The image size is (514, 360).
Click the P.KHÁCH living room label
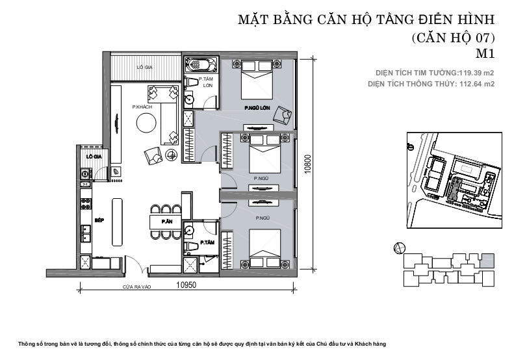pyautogui.click(x=142, y=107)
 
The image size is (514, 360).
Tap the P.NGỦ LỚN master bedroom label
pyautogui.click(x=257, y=108)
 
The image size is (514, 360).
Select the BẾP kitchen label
pyautogui.click(x=99, y=220)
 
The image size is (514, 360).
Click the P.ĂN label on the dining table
pyautogui.click(x=167, y=222)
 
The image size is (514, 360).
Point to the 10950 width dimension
pyautogui.click(x=186, y=285)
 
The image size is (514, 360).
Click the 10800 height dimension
pyautogui.click(x=307, y=164)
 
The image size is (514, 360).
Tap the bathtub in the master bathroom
pyautogui.click(x=201, y=64)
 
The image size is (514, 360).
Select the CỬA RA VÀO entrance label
pyautogui.click(x=136, y=287)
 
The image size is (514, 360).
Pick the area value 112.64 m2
pyautogui.click(x=477, y=84)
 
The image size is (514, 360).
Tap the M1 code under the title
pyautogui.click(x=485, y=53)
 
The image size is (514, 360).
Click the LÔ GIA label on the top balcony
pyautogui.click(x=144, y=67)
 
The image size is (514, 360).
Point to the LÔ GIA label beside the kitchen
pyautogui.click(x=94, y=157)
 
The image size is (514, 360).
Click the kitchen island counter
pyautogui.click(x=118, y=222)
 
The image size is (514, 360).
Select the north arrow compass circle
pyautogui.click(x=399, y=248)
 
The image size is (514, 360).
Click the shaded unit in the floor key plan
pyautogui.click(x=488, y=261)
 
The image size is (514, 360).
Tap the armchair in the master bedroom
pyautogui.click(x=283, y=116)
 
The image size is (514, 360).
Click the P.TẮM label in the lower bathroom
pyautogui.click(x=207, y=242)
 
